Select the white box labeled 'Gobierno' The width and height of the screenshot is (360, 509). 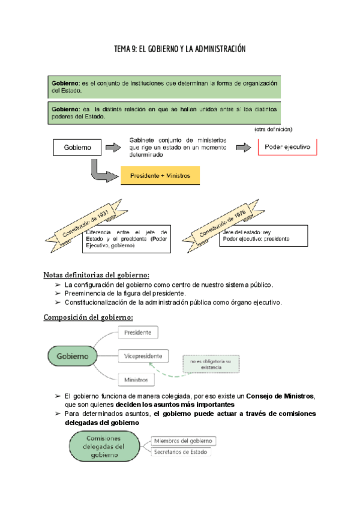coord(77,147)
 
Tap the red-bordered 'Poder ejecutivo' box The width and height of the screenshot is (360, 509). coord(287,147)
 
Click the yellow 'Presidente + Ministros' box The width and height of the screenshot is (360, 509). coord(160,176)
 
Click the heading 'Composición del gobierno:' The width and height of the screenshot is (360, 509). coord(88,317)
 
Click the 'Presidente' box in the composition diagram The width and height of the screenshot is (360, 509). coord(138,333)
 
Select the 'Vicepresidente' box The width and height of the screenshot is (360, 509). coord(143,356)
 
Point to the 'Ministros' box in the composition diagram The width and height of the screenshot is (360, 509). coord(137,379)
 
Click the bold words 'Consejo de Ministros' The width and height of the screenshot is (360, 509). coord(280,396)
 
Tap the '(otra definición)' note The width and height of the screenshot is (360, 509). coord(273,129)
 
